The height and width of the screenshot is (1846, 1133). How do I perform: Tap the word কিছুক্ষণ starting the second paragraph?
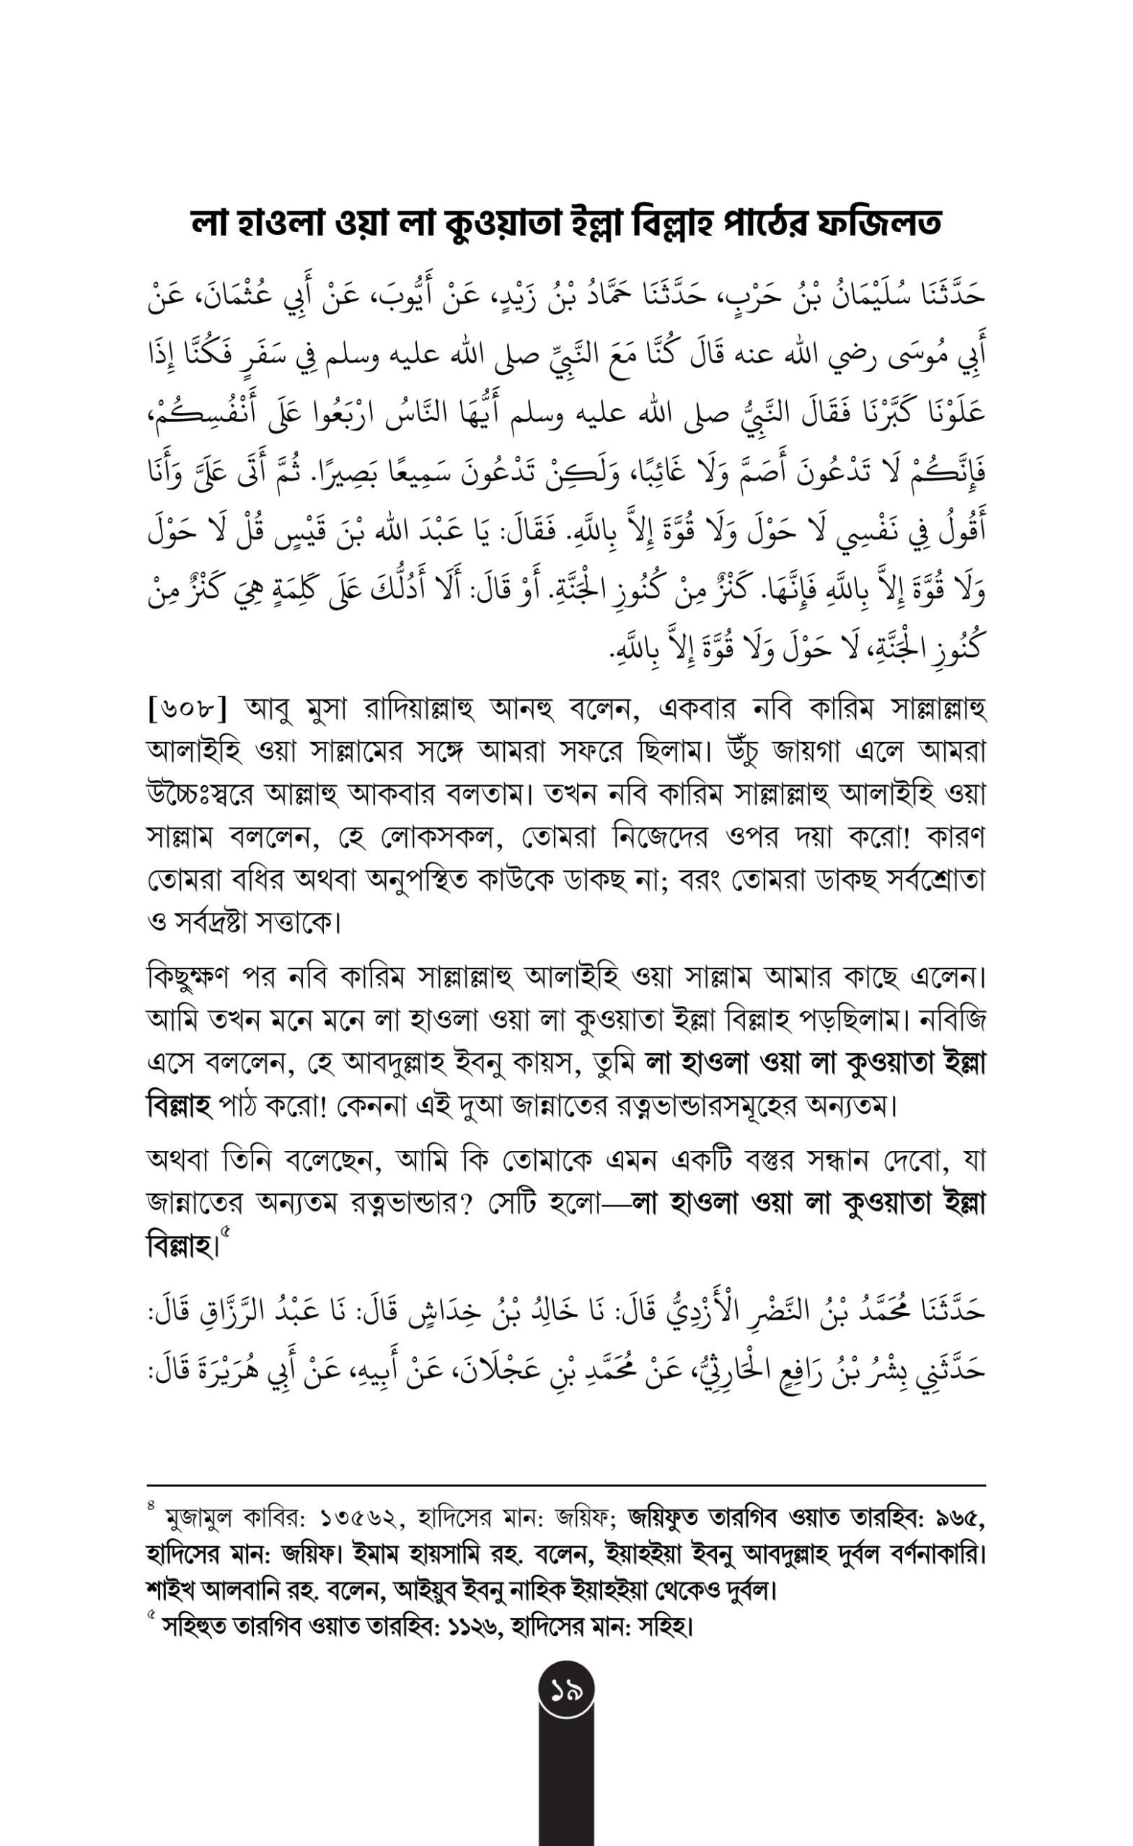point(188,978)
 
